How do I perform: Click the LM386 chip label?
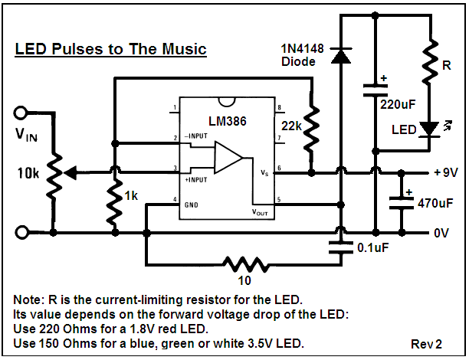point(228,121)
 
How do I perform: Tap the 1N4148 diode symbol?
point(340,56)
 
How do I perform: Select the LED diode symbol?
point(429,129)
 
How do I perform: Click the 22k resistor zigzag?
point(311,127)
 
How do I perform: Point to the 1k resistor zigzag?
point(115,202)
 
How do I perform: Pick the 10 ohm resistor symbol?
point(245,264)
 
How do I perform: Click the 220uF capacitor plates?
point(375,90)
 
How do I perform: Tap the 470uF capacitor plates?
point(402,203)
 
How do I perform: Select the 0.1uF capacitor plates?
point(340,247)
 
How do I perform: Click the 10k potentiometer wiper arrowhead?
point(71,172)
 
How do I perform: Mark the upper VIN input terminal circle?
point(21,113)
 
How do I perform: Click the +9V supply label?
point(446,172)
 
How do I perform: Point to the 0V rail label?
point(441,233)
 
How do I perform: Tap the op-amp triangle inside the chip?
point(228,158)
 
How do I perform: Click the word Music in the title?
point(184,49)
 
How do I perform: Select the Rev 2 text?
point(426,344)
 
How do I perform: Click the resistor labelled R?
point(430,61)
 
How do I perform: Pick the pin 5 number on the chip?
point(279,199)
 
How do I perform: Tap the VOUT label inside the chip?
point(260,212)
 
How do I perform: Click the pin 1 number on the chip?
point(175,108)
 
